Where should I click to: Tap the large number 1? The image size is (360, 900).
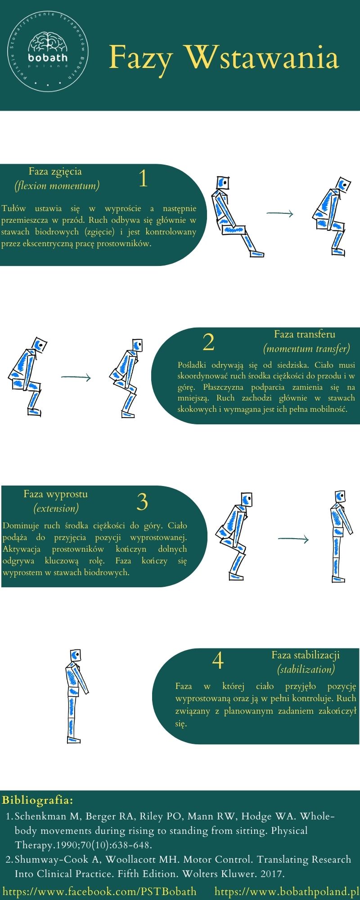click(x=143, y=178)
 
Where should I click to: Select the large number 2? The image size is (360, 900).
click(x=208, y=342)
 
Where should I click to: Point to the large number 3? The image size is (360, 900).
click(x=142, y=502)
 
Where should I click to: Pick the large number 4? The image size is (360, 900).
click(x=218, y=661)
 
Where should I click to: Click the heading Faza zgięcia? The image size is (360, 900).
click(x=55, y=171)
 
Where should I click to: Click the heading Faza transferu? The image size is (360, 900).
click(x=305, y=334)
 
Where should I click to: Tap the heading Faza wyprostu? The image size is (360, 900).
click(x=56, y=494)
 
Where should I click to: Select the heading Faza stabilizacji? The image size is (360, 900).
click(x=306, y=655)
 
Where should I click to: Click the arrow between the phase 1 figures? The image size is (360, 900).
click(x=279, y=214)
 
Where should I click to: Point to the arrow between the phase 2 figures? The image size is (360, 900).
click(x=76, y=378)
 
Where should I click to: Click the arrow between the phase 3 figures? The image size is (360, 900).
click(x=293, y=539)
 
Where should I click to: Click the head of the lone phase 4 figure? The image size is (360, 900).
click(x=75, y=655)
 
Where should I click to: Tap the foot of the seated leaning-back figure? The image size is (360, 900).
click(x=256, y=254)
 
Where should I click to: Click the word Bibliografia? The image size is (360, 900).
click(x=37, y=800)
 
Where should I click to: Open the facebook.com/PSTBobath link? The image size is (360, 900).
click(x=99, y=891)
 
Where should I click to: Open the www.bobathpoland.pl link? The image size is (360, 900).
click(x=287, y=891)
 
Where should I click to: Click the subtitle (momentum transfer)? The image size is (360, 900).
click(x=306, y=349)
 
